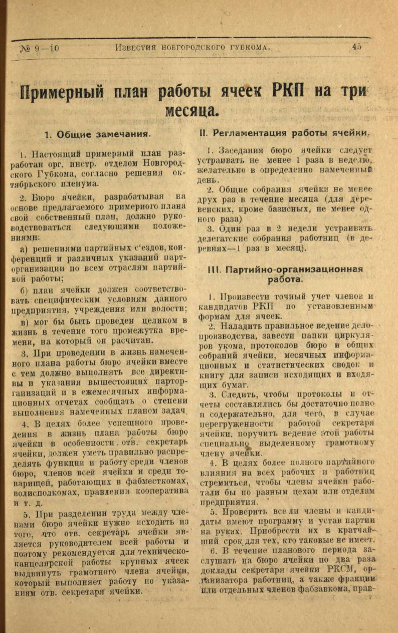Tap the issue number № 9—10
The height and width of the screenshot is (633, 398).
[40, 48]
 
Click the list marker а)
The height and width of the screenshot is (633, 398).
[24, 248]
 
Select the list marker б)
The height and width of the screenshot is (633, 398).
[24, 290]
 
